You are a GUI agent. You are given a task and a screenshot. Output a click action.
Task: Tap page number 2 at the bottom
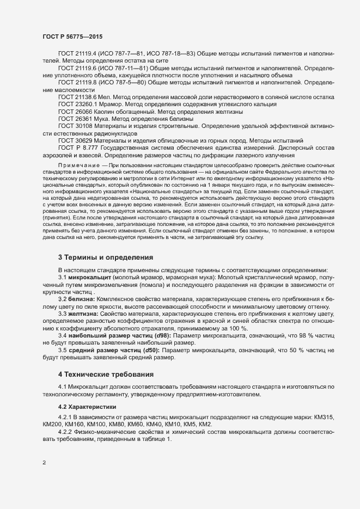(44, 463)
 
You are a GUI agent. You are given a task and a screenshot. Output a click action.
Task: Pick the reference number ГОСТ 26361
(73, 118)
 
